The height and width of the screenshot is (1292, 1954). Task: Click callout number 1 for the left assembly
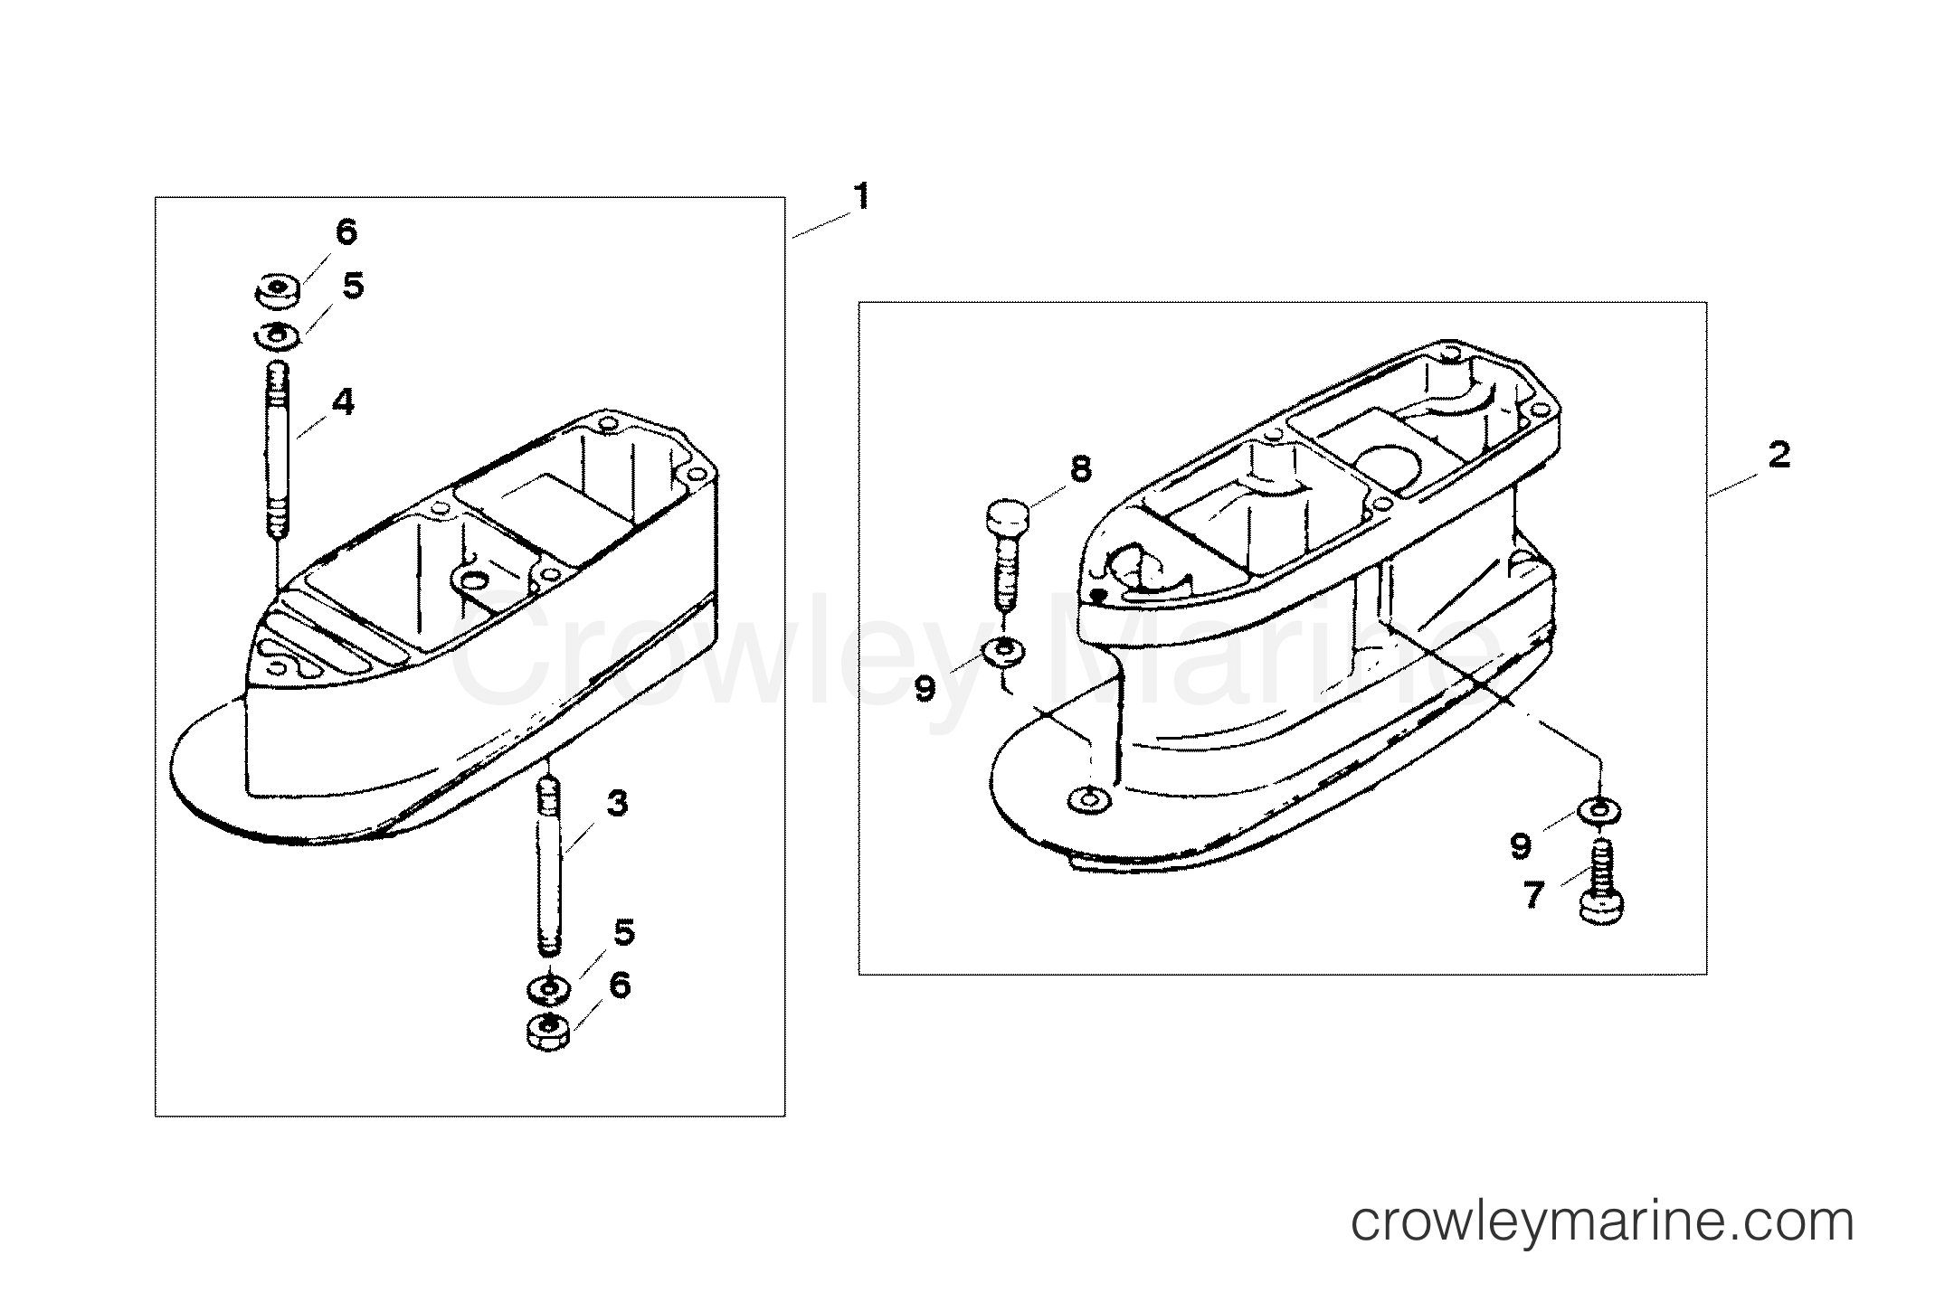862,195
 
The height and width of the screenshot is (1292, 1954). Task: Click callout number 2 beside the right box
1779,456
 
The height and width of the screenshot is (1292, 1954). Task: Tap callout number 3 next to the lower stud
617,803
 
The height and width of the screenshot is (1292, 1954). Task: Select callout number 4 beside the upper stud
343,402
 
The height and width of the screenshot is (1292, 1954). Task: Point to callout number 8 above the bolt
1080,468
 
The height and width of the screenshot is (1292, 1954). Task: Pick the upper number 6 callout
346,232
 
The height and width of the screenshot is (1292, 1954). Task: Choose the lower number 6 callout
619,985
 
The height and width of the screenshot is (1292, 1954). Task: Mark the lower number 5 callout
624,932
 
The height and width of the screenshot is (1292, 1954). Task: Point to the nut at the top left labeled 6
277,291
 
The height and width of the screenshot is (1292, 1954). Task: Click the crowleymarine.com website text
1602,1222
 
